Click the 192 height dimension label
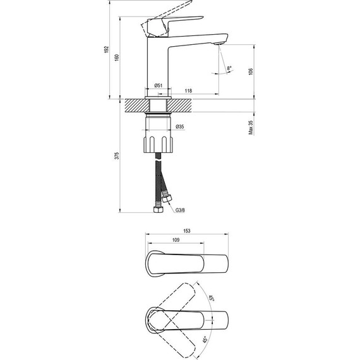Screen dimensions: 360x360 (107, 50)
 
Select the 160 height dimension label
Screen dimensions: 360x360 (117, 57)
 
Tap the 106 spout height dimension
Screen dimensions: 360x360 (251, 71)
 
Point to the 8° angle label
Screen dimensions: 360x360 (229, 68)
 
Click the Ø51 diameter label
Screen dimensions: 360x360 (158, 86)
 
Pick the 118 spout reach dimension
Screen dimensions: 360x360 (188, 91)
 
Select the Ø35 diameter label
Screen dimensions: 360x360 (180, 126)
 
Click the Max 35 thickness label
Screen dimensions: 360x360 (251, 128)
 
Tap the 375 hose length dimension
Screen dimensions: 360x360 (117, 155)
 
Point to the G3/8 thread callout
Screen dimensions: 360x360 (180, 210)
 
